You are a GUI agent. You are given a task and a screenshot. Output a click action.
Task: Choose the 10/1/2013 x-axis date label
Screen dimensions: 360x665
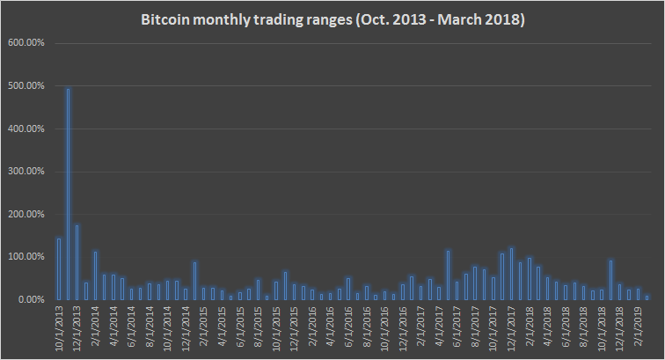[59, 327]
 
